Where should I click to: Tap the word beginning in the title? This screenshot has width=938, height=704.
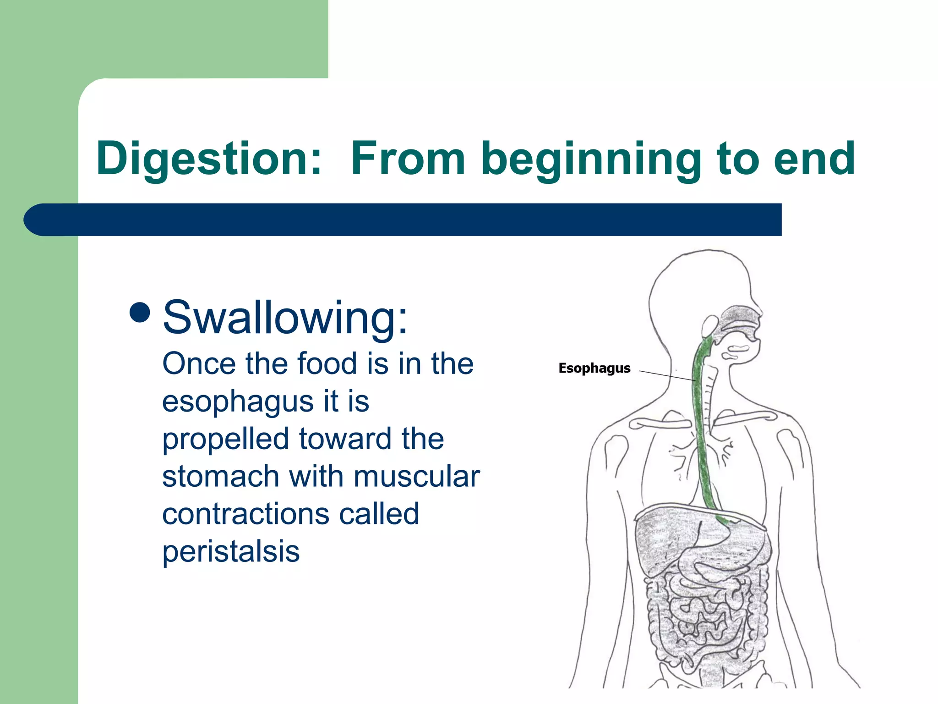(x=590, y=159)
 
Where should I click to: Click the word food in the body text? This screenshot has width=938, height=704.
(x=327, y=364)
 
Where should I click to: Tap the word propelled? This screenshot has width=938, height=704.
(x=225, y=440)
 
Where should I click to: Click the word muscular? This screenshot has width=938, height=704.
(x=416, y=477)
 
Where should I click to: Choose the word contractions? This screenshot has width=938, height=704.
(x=245, y=514)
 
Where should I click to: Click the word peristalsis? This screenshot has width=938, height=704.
(x=231, y=551)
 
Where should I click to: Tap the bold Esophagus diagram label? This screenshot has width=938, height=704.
(x=594, y=368)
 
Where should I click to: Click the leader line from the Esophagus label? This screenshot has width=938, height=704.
(x=667, y=375)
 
